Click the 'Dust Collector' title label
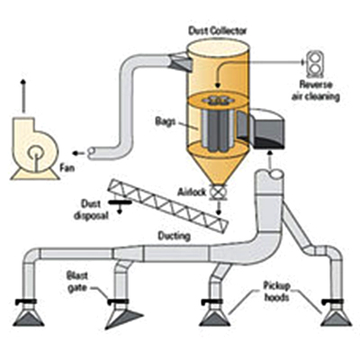click(x=218, y=31)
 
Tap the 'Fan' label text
click(x=67, y=167)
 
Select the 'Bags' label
click(x=165, y=121)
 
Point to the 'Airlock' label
click(x=192, y=192)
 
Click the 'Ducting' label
click(x=175, y=236)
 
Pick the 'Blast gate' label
click(x=77, y=282)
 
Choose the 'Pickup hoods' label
click(x=276, y=291)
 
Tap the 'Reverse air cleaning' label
click(x=316, y=91)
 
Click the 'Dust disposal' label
click(x=91, y=210)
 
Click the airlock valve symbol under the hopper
click(x=219, y=192)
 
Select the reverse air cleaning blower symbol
click(x=315, y=63)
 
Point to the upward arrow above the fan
click(x=23, y=96)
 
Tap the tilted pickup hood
click(x=123, y=318)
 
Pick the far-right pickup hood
click(x=336, y=317)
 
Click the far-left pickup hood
click(x=28, y=317)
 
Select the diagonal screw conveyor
click(x=168, y=205)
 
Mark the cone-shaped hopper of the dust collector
click(x=219, y=166)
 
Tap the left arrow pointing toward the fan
click(x=78, y=153)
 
